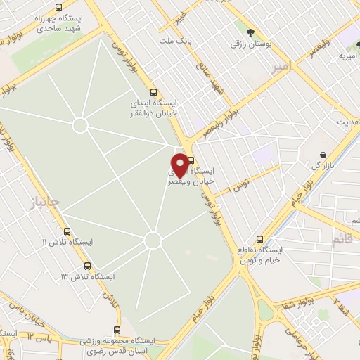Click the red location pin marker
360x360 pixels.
point(180,164)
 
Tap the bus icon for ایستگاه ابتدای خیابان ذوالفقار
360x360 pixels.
point(155,91)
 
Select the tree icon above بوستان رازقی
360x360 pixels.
point(250,32)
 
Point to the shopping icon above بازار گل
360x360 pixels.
point(322,154)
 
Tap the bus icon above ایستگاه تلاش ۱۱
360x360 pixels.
point(67,231)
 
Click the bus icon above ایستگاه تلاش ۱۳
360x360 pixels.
point(88,266)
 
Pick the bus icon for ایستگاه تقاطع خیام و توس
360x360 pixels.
point(260,238)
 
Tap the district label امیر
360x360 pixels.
point(280,67)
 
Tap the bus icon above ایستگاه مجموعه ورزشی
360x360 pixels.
point(117,330)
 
